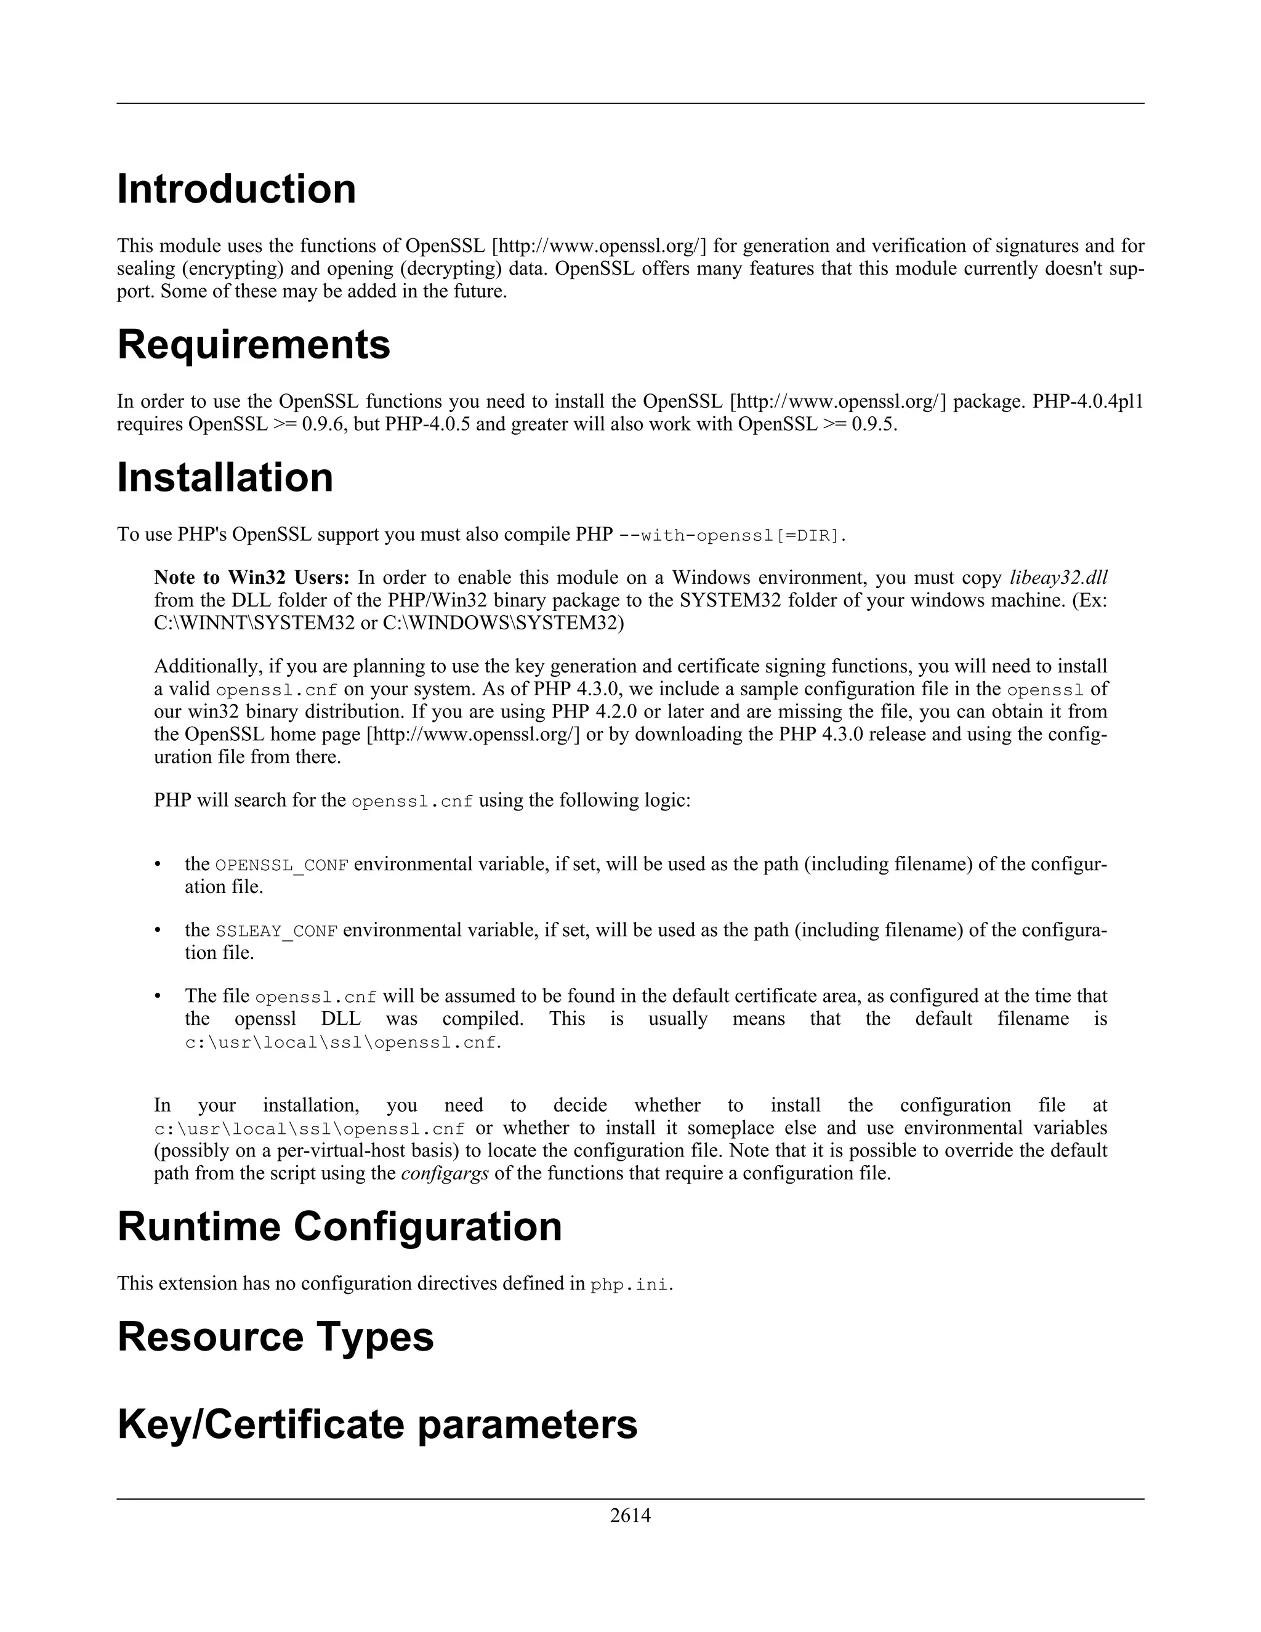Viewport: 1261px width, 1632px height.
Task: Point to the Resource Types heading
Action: (275, 1336)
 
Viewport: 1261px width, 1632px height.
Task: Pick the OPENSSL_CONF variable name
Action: (281, 865)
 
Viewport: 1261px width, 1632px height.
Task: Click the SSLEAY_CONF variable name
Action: (276, 931)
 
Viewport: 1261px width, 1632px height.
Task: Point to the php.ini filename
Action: (629, 1285)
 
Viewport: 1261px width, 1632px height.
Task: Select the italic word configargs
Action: (445, 1173)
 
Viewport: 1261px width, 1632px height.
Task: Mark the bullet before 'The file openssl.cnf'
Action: (158, 996)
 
